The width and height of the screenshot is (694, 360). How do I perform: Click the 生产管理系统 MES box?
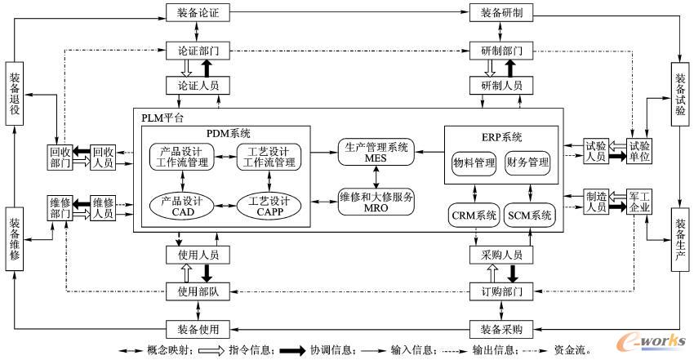click(x=376, y=153)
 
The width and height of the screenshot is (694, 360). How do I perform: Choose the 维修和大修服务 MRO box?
click(x=376, y=202)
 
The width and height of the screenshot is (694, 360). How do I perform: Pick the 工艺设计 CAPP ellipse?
click(x=269, y=206)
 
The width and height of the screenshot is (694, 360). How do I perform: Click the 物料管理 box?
click(x=474, y=162)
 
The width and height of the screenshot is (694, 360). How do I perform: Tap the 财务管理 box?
click(x=527, y=162)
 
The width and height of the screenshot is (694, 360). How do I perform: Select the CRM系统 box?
click(x=474, y=216)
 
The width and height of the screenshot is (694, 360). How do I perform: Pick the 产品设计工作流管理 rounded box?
click(x=181, y=157)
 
